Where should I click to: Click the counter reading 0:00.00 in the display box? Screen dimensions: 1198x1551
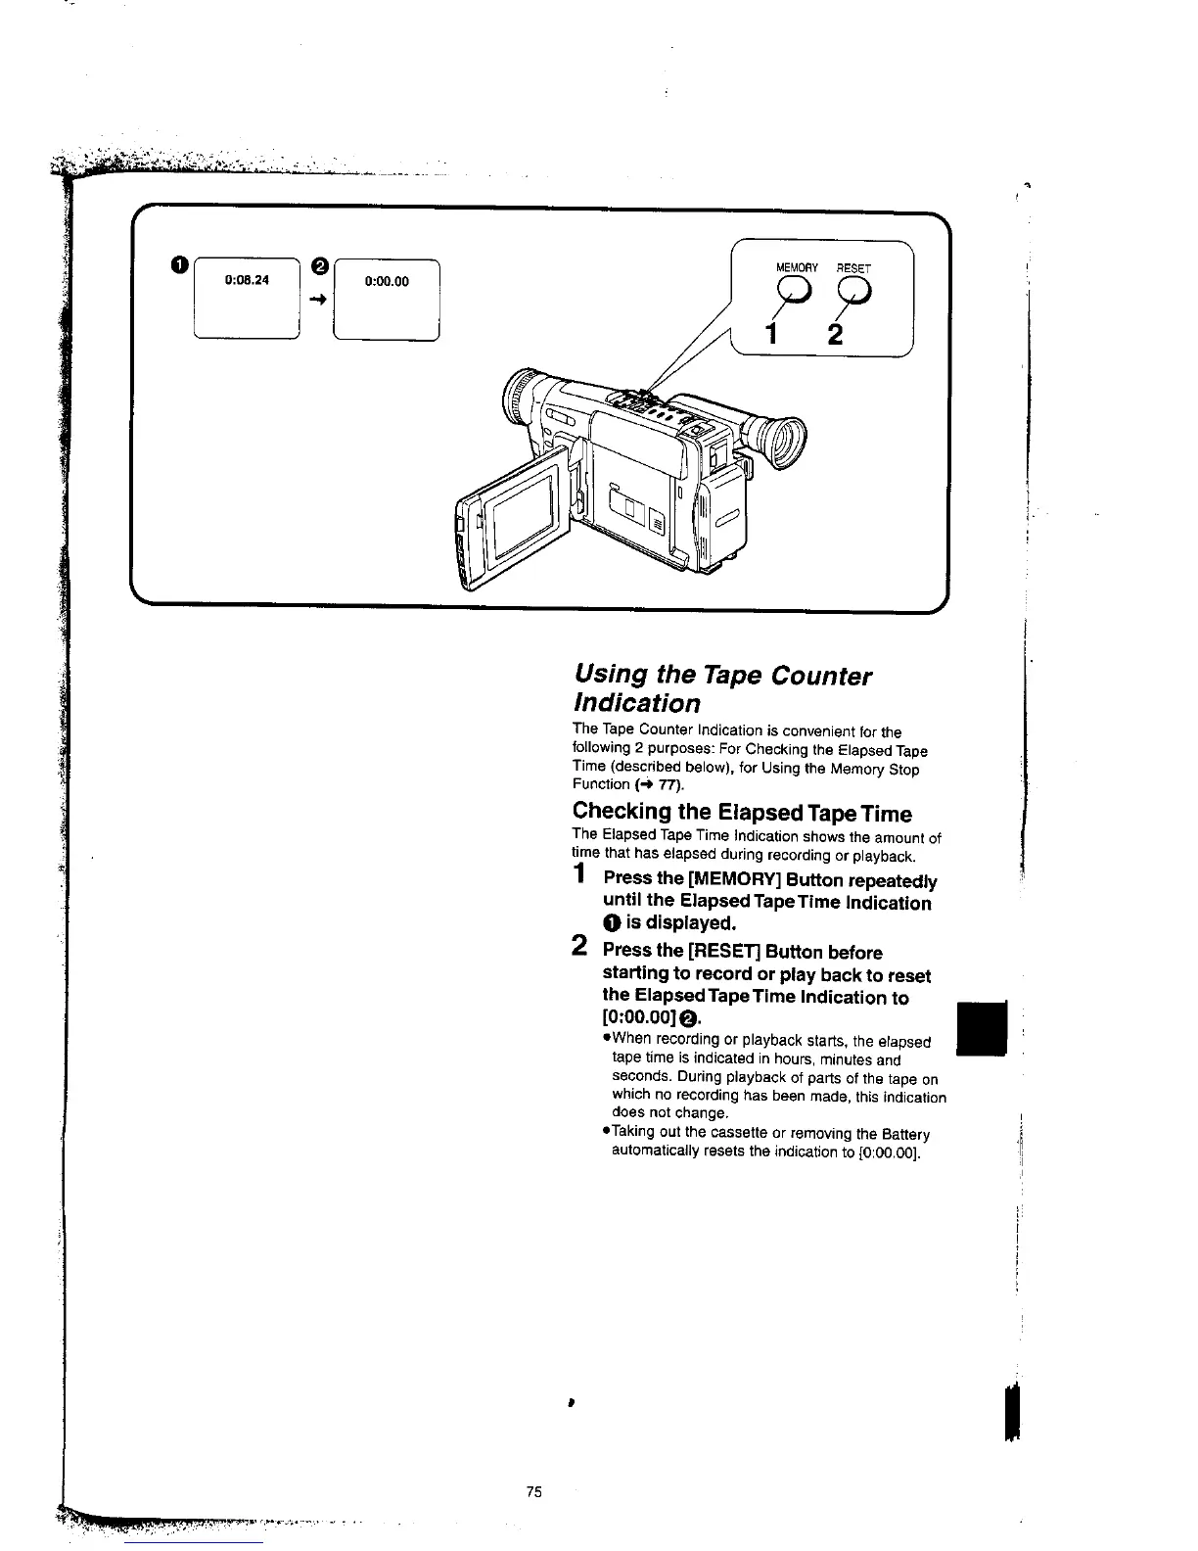[x=387, y=281]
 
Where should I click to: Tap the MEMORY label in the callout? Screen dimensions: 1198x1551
[x=796, y=267]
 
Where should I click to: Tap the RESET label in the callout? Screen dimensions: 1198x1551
[x=853, y=267]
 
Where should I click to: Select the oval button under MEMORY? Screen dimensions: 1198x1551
[x=794, y=289]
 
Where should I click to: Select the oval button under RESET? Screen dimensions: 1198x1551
[x=852, y=289]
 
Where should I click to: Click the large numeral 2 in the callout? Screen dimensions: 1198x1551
[x=834, y=334]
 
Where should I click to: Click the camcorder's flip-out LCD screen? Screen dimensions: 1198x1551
[x=523, y=519]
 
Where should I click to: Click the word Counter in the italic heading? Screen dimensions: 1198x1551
[x=819, y=676]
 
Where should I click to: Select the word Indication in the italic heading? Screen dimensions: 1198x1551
[x=636, y=703]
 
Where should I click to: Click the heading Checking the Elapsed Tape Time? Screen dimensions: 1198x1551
[x=741, y=813]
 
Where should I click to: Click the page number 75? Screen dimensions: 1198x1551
[x=533, y=1492]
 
